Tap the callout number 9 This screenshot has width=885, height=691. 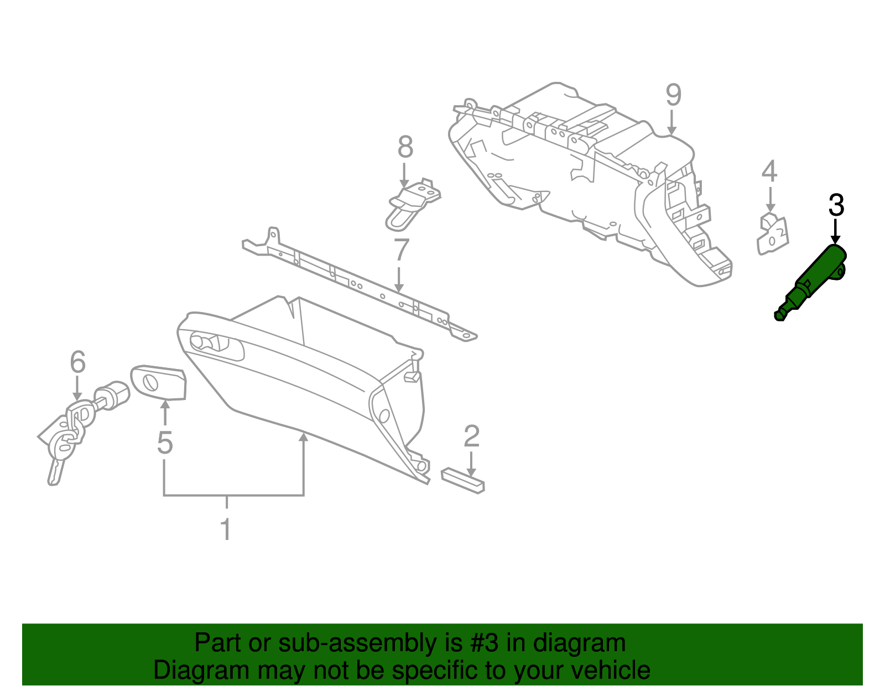click(x=673, y=95)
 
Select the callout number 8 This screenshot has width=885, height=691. click(x=405, y=148)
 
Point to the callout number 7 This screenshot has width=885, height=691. click(x=401, y=250)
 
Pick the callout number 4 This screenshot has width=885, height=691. click(x=769, y=172)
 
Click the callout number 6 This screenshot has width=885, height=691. click(x=78, y=362)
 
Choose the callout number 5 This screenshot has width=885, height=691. click(x=165, y=443)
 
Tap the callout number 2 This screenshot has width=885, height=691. click(x=471, y=437)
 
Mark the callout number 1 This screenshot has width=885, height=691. click(x=226, y=529)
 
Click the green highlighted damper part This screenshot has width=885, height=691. click(x=813, y=279)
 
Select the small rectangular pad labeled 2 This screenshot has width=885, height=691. click(x=463, y=480)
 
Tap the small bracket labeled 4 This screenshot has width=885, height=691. click(x=772, y=235)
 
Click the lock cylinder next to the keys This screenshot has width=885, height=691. click(x=113, y=394)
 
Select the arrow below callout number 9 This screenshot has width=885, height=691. click(x=671, y=122)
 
